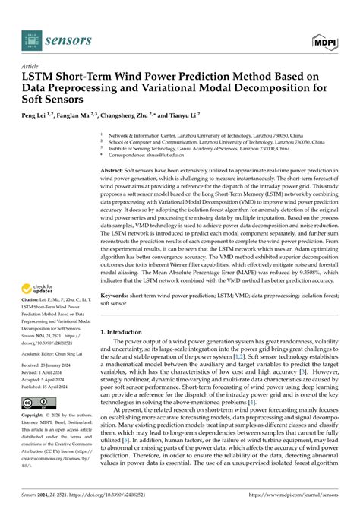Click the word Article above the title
(x=30, y=66)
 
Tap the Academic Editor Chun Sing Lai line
(x=61, y=332)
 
